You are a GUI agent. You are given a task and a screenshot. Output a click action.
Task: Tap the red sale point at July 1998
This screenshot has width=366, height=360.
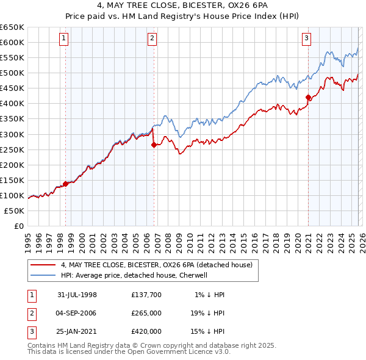pyautogui.click(x=65, y=184)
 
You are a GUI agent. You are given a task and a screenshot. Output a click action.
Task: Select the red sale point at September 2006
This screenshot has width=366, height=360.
pyautogui.click(x=153, y=145)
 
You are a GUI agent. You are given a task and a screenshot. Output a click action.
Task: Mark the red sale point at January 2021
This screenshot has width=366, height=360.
pyautogui.click(x=308, y=97)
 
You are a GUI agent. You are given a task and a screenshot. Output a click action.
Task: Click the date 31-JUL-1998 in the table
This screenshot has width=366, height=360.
pyautogui.click(x=77, y=295)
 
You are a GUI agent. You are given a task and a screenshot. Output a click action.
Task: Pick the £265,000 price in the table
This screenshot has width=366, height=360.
pyautogui.click(x=146, y=313)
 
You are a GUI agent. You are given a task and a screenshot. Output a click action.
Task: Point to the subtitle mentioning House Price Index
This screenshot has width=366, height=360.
pyautogui.click(x=183, y=18)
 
